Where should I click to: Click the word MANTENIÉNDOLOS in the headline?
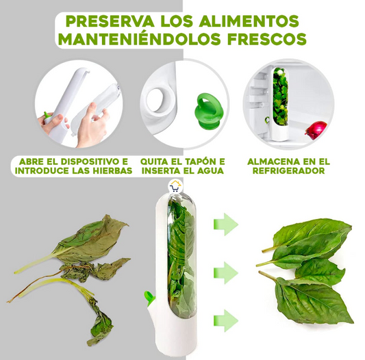pos(139,38)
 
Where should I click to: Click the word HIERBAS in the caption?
pos(111,171)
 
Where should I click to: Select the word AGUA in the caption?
pos(210,171)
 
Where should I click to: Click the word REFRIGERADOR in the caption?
pos(289,171)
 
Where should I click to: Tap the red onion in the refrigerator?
pos(316,129)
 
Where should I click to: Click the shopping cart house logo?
pos(176,186)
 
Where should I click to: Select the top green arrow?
pos(226,224)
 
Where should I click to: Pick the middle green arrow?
pos(226,272)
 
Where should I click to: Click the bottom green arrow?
pos(226,321)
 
